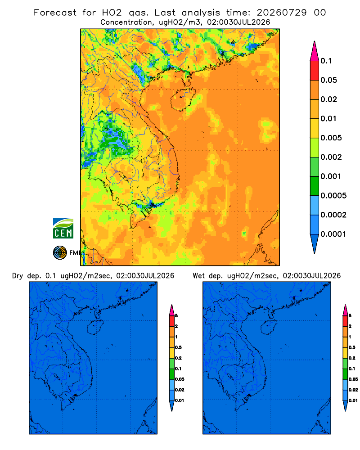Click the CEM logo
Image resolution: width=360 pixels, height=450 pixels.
[63, 228]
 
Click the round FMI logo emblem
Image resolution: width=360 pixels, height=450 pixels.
[60, 252]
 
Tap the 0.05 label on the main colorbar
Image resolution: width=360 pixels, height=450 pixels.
[328, 80]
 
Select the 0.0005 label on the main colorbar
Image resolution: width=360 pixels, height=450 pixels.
[333, 195]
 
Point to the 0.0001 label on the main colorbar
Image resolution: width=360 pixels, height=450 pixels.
[333, 234]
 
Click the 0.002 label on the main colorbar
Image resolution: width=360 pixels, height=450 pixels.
[331, 157]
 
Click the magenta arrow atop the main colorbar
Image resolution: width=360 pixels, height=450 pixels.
[315, 51]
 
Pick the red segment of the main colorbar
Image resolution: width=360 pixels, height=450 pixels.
[315, 70]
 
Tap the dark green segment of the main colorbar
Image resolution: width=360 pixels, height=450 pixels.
[315, 186]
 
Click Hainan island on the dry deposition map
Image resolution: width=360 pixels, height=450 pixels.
[95, 328]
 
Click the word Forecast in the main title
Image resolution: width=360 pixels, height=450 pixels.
[55, 13]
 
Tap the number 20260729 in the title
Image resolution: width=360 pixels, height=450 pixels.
[282, 13]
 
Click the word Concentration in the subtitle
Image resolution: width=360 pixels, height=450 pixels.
[126, 22]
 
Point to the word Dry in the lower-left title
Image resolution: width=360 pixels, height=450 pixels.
[18, 276]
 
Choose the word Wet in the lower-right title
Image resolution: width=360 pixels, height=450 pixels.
[198, 276]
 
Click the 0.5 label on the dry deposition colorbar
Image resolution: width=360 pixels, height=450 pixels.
[178, 347]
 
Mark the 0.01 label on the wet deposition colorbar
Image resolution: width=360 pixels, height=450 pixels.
[353, 400]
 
